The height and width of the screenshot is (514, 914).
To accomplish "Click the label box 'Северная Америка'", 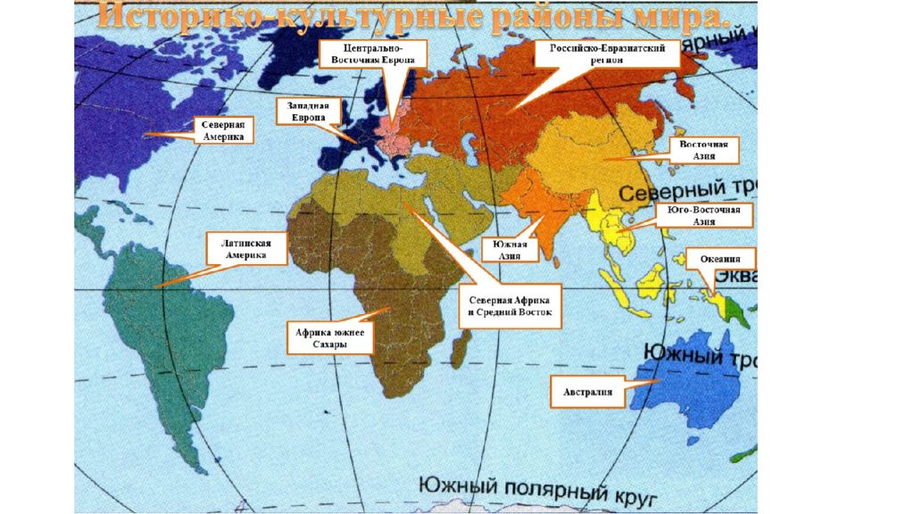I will pos(222,130).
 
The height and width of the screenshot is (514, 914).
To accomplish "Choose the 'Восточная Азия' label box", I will pos(704,150).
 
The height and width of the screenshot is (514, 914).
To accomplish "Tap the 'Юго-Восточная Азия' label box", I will pos(704,215).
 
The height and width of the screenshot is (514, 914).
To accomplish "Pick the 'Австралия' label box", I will pos(586,392).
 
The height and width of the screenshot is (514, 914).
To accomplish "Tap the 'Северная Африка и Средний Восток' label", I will pos(509,306).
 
